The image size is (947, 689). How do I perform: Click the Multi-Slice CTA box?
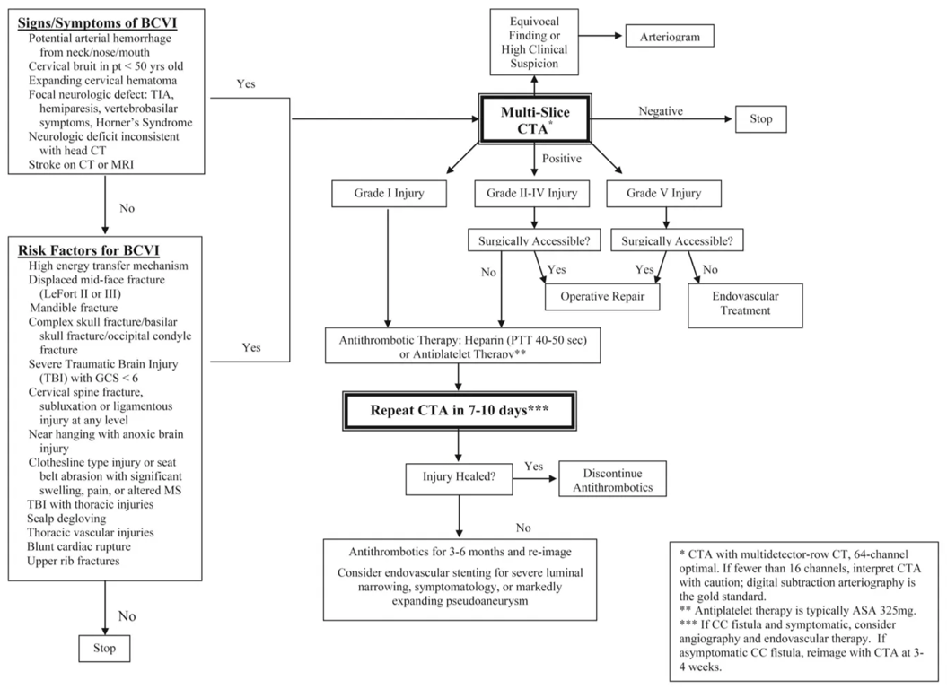(x=537, y=118)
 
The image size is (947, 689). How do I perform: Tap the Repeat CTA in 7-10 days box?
(x=460, y=412)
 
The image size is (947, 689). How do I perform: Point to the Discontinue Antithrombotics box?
(x=612, y=480)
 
